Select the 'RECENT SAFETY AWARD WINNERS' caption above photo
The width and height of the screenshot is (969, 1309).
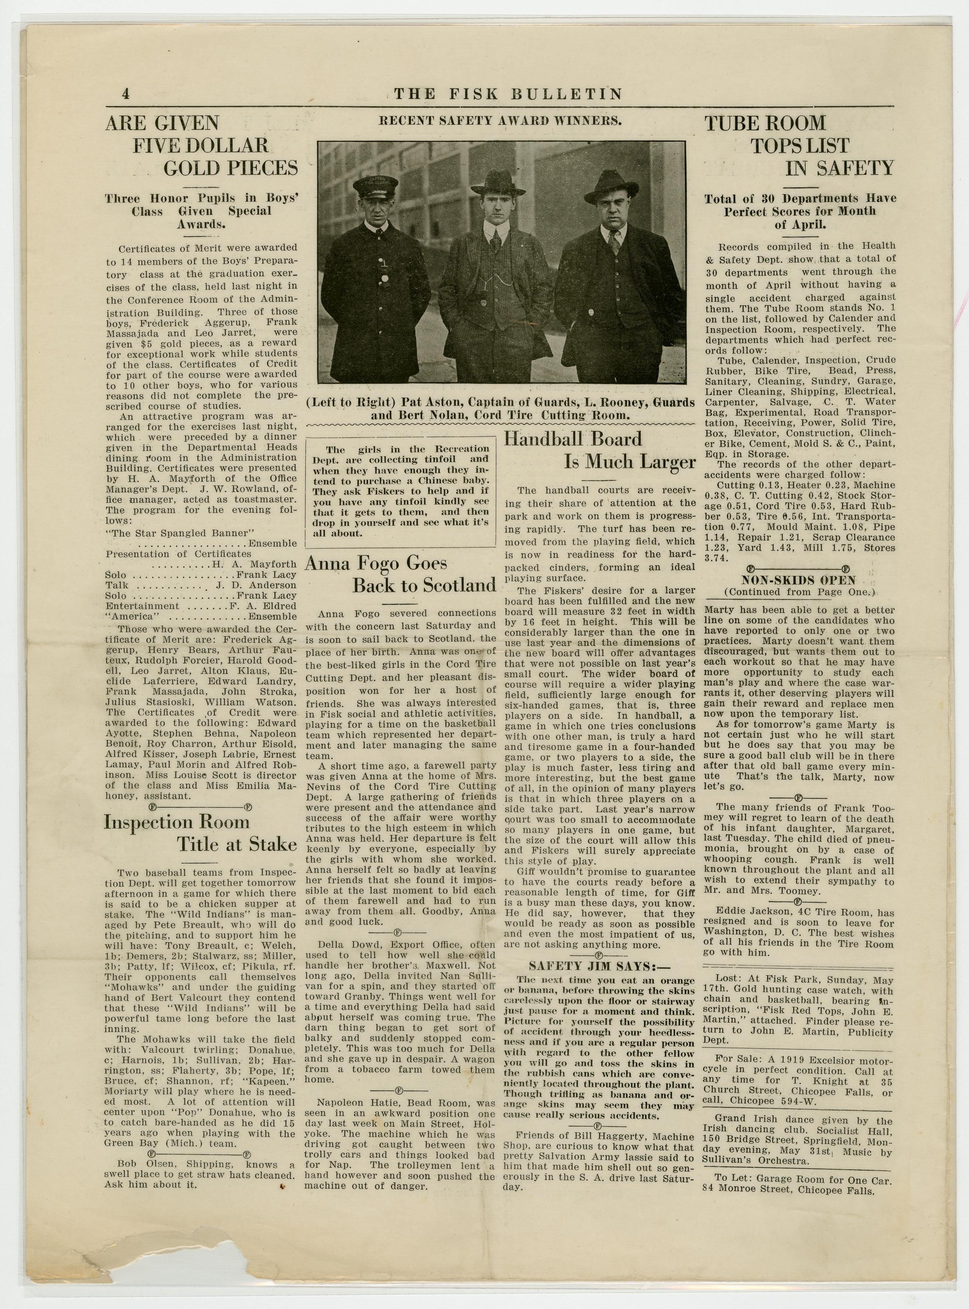click(x=500, y=121)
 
